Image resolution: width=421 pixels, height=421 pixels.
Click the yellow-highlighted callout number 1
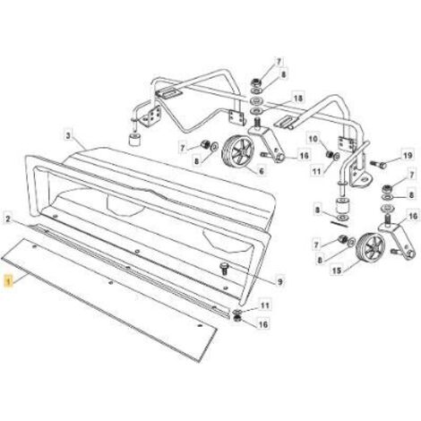point(9,281)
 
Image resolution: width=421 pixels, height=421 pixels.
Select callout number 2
point(8,219)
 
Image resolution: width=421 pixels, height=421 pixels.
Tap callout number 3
point(68,136)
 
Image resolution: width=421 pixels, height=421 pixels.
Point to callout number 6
point(262,171)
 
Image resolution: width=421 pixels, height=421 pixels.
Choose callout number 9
point(279,281)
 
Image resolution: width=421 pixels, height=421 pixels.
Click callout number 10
point(313,139)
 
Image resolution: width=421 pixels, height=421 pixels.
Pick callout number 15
point(337,271)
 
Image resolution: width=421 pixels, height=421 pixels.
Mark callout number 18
point(298,98)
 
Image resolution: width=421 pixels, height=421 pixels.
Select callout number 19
point(408,155)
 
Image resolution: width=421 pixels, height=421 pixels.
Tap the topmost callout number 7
point(279,62)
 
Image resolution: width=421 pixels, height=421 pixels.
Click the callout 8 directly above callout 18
point(283,74)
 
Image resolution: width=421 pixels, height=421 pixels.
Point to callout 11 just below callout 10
point(317,171)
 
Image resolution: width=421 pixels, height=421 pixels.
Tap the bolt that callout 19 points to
point(378,163)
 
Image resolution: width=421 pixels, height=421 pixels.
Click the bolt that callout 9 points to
point(224,268)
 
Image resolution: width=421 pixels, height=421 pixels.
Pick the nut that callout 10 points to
point(330,154)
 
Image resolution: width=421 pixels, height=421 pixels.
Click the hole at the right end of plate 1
point(200,325)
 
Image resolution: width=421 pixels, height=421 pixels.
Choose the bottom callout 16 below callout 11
point(263,324)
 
